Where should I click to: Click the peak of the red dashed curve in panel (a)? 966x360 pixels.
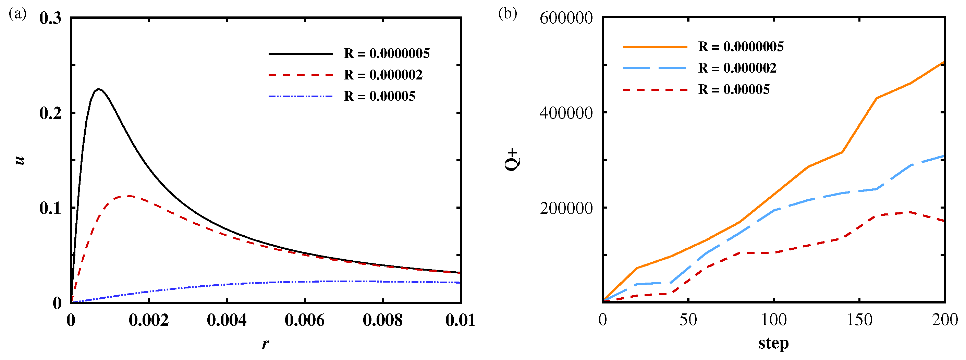coord(127,195)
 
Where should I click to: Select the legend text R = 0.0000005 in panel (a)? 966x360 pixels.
coord(387,54)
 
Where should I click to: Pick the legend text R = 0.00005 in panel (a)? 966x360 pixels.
coord(379,96)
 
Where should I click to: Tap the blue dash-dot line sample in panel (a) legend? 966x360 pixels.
coord(301,96)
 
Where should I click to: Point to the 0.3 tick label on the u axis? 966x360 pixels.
coord(50,18)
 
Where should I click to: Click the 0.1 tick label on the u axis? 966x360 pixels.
coord(50,208)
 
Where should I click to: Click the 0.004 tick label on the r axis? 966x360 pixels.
coord(227,320)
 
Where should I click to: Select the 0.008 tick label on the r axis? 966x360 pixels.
coord(382,320)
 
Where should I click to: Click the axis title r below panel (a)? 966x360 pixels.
coord(266,343)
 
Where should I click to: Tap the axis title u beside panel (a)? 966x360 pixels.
coord(20,160)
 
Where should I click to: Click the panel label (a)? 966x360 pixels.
coord(17,14)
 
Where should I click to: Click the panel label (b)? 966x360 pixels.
coord(508,14)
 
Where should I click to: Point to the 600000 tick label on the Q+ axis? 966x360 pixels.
coord(566,18)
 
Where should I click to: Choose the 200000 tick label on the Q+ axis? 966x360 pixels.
coord(566,208)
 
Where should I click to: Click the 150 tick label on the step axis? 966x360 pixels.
coord(859,320)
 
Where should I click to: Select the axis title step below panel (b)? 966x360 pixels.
coord(773,343)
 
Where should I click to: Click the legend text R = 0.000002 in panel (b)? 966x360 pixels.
coord(737,68)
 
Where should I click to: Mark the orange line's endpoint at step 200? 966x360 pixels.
coord(943,62)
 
